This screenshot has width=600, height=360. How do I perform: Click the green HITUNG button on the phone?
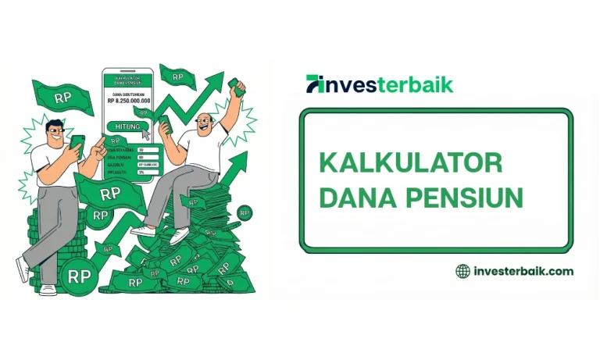[x=127, y=127]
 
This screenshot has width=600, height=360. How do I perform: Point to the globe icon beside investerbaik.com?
[x=463, y=271]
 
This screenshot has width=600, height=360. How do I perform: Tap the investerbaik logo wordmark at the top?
[x=380, y=84]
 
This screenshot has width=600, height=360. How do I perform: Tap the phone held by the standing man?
[x=77, y=143]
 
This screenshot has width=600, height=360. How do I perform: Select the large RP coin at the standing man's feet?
[x=79, y=276]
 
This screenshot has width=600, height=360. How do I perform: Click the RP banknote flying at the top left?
[x=62, y=97]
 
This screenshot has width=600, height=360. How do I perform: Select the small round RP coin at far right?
[x=245, y=212]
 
